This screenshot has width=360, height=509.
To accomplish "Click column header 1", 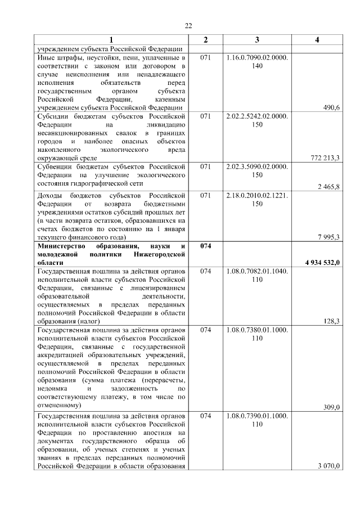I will coord(111,40).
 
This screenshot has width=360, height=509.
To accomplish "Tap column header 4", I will coord(317,40).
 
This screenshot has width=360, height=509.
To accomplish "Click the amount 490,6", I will coord(330,107).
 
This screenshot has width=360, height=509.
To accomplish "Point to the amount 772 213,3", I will coord(325,159).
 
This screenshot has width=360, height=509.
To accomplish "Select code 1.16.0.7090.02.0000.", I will coord(257,57).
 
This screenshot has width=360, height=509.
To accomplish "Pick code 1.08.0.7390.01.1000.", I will coord(257,416).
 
